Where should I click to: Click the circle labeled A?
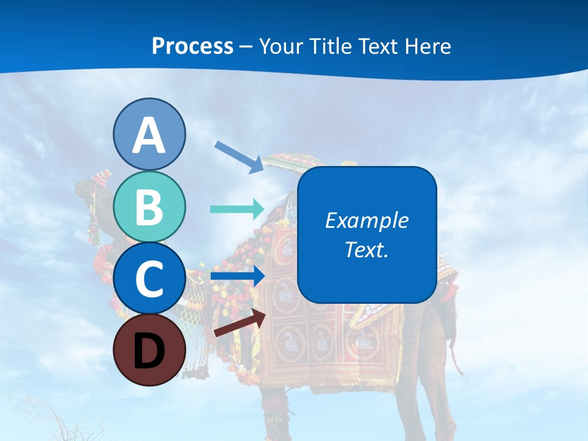point(149,134)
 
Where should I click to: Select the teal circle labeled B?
point(149,206)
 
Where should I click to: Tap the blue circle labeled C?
point(149,279)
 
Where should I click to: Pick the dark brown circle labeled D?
point(149,350)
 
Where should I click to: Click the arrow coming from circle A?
point(239,156)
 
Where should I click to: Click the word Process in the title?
point(192,46)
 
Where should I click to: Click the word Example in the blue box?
point(367,221)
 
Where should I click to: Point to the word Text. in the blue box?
point(367,249)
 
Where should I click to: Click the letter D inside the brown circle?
point(149,351)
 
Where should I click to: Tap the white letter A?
point(149,135)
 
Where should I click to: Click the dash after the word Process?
point(246,47)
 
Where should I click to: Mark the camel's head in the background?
point(92,187)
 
